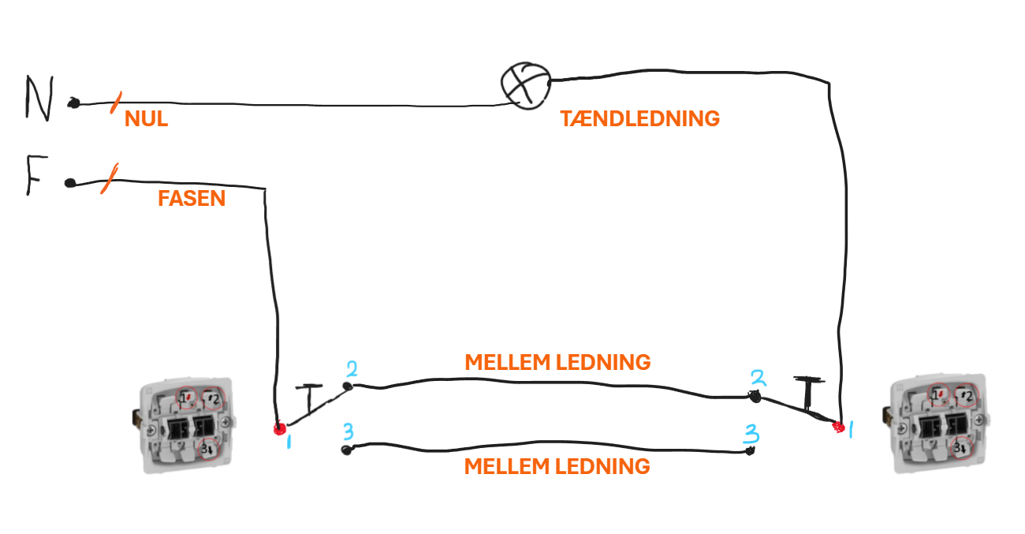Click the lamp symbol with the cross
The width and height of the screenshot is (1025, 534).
tap(526, 85)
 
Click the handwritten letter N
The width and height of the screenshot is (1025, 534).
tap(39, 98)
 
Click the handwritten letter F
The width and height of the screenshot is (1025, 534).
tap(36, 175)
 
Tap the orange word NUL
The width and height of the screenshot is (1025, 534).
tap(146, 119)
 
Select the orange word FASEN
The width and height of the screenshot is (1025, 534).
tap(192, 199)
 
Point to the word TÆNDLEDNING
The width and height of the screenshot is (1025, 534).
tap(639, 119)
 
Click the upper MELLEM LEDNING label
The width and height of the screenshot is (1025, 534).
tap(557, 362)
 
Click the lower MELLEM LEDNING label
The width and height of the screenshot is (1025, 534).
tap(557, 467)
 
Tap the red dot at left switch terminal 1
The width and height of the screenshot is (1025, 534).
tap(280, 429)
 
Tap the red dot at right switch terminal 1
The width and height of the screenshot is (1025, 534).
tap(838, 428)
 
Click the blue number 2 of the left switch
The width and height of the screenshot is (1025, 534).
tap(352, 369)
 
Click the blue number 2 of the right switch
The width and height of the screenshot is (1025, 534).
tap(758, 378)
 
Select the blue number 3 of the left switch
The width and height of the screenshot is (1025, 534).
tap(348, 431)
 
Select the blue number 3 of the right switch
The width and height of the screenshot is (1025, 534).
tap(751, 435)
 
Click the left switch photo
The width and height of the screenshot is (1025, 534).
tap(184, 426)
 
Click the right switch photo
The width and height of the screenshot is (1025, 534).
tap(936, 424)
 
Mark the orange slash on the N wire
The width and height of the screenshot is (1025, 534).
tap(116, 103)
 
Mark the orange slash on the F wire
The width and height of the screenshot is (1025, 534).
tap(110, 178)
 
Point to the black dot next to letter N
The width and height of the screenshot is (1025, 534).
tap(73, 103)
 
